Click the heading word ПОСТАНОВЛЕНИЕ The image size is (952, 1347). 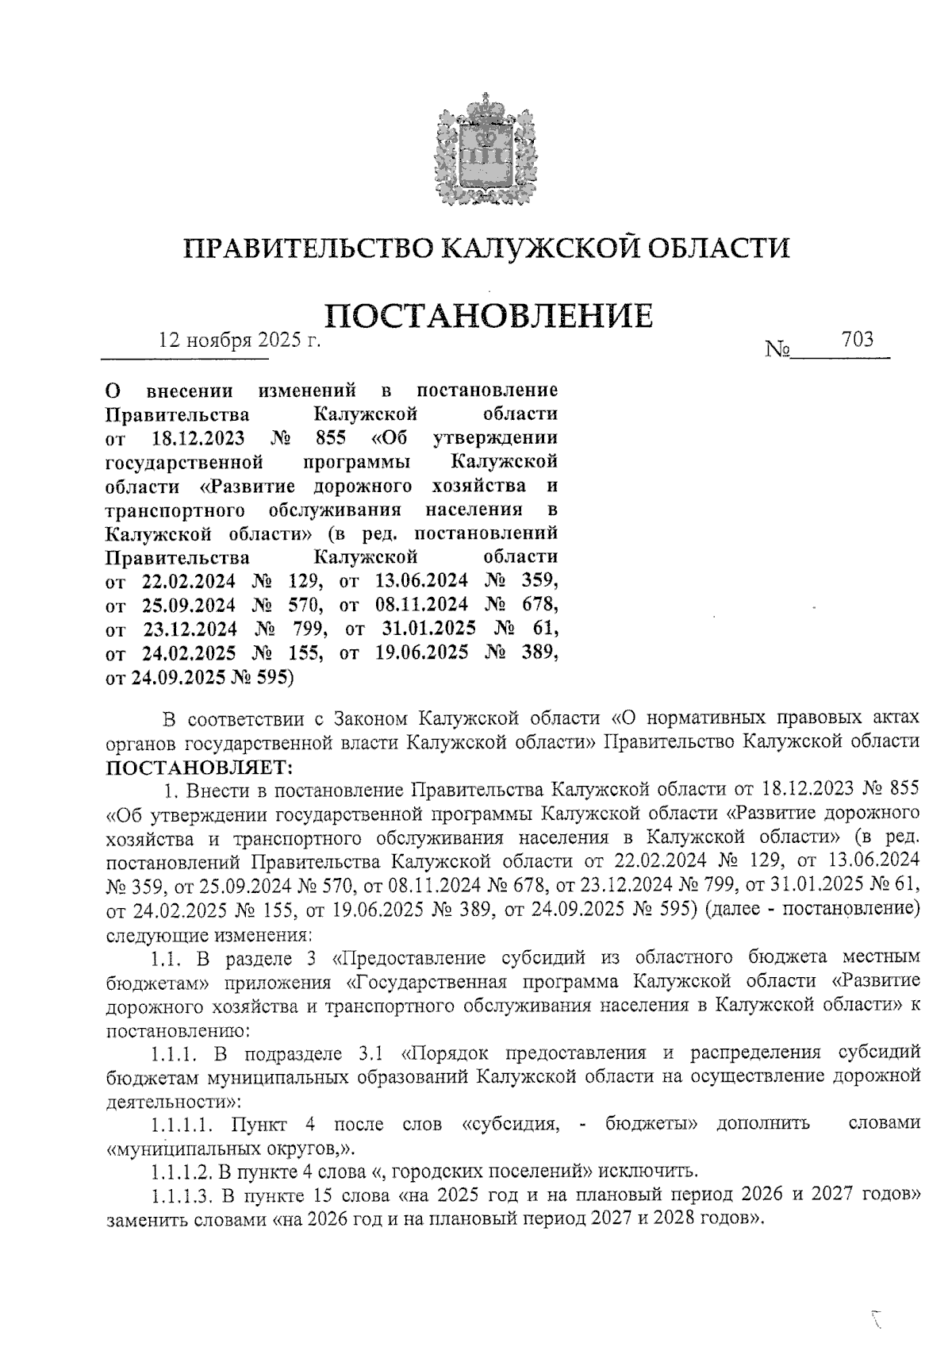pos(489,315)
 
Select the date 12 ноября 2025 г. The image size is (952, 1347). pos(238,341)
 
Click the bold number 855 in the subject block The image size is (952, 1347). pos(331,437)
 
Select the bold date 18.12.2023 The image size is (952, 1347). pos(197,437)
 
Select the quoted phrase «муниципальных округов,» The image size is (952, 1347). pos(231,1148)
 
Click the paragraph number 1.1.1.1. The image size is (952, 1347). pos(182,1124)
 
